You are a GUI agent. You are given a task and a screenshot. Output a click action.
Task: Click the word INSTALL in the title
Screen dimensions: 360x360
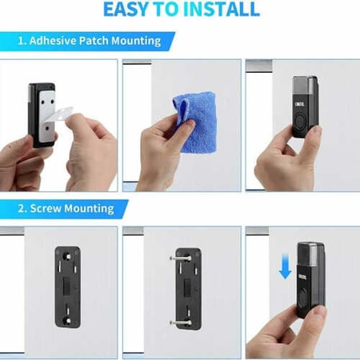pos(222,10)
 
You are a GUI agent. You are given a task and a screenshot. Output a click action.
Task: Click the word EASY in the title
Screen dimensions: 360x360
pos(125,10)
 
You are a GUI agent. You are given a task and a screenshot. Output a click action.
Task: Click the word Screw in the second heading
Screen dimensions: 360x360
pos(46,208)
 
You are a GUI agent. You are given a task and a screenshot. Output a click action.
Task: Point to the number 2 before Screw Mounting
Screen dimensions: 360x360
pos(21,209)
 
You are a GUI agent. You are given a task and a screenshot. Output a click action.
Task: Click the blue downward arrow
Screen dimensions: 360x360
pos(285,266)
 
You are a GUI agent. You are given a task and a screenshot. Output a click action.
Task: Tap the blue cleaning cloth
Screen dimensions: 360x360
pos(196,122)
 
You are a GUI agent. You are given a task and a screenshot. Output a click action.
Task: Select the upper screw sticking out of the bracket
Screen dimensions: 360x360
pos(180,258)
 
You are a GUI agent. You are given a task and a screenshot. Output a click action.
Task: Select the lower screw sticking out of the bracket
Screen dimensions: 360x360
pos(180,323)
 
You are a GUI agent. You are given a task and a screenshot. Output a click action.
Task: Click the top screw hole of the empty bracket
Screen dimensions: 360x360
pos(66,257)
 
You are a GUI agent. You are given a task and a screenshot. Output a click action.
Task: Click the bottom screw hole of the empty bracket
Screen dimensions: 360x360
pos(67,321)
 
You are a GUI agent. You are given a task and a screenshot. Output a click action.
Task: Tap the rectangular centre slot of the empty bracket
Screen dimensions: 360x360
pos(66,286)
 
